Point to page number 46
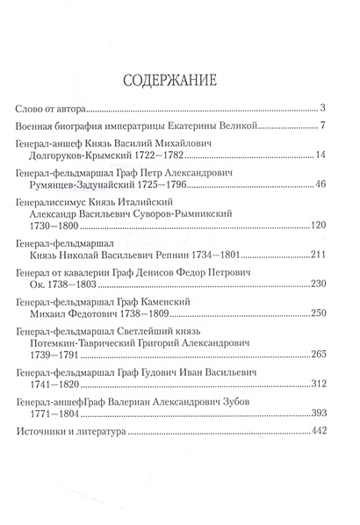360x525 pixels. (x=321, y=190)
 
